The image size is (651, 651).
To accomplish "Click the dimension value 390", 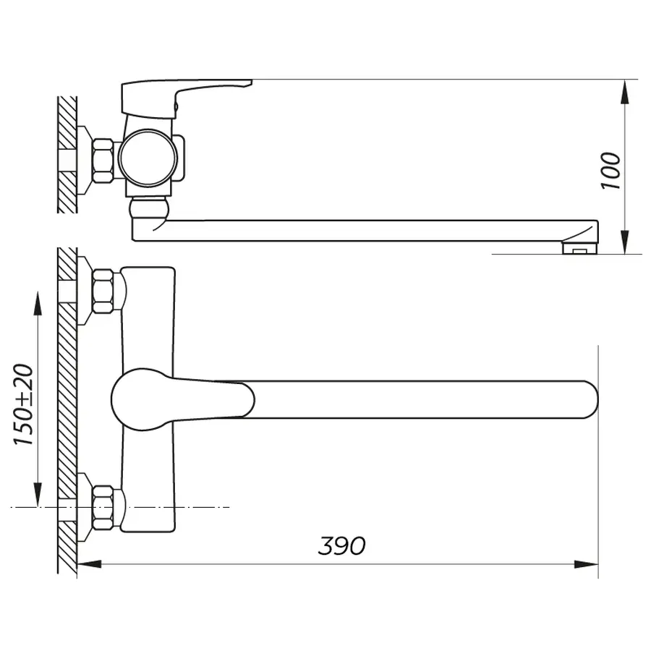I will coord(342,546).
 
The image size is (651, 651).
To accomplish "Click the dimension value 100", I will coord(611,171).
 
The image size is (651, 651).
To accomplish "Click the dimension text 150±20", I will coord(25,405).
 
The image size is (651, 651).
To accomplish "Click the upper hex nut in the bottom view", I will coord(104,292).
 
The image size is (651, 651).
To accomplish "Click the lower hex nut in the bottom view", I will coord(104,509).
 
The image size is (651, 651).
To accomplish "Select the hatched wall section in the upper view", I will coord(67,155).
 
